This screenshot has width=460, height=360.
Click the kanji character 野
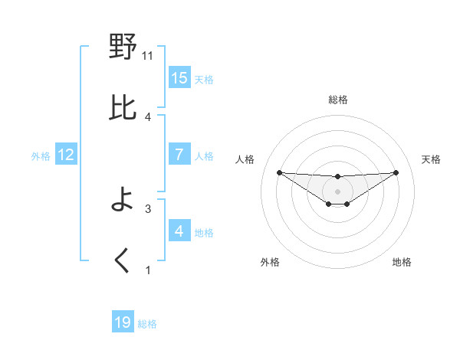123,48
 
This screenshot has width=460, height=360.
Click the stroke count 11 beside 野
148,55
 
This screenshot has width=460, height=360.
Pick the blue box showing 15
179,78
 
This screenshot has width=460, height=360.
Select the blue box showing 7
179,155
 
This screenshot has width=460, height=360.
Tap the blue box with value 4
179,231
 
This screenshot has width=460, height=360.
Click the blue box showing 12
66,155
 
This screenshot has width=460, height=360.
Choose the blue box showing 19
123,322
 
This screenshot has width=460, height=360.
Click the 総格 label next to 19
147,324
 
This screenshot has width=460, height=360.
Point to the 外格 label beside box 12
41,156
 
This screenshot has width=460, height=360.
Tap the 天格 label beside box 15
204,80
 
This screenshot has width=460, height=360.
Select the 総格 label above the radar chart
337,100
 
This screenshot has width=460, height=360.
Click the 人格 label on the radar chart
246,159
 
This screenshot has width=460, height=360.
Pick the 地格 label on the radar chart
402,262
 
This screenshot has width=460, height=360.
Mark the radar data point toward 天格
396,172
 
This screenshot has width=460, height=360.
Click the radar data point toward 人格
279,172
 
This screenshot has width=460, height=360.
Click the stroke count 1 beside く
148,270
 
